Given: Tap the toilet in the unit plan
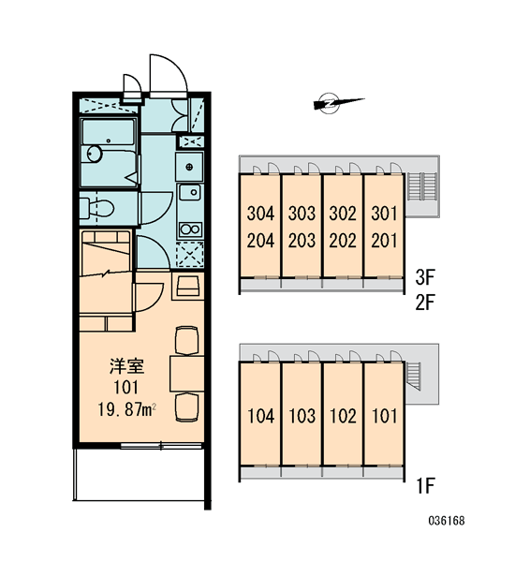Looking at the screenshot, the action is tap(96, 208).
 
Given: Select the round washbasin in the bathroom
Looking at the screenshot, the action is tap(95, 155).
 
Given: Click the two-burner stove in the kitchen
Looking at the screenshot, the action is tap(190, 229).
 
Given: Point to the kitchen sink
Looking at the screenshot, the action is tap(190, 192).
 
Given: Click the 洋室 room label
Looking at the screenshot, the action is tap(126, 366).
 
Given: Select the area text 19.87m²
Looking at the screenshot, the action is tap(126, 409).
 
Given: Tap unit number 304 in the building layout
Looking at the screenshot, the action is tap(260, 214).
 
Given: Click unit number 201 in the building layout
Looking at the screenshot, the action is tap(384, 241).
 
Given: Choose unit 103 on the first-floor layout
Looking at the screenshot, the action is tap(302, 416).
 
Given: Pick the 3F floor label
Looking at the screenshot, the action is tap(425, 277).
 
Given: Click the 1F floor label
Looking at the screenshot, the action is tap(425, 486).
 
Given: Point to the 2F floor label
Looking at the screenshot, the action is tap(425, 303).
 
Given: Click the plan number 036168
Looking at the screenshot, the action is tap(447, 521).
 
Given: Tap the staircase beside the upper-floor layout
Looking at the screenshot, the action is tap(422, 186).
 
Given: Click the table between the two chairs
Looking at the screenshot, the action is tap(186, 374).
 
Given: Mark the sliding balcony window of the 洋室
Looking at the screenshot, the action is tap(161, 446).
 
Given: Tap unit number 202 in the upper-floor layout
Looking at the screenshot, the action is tap(343, 241).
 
